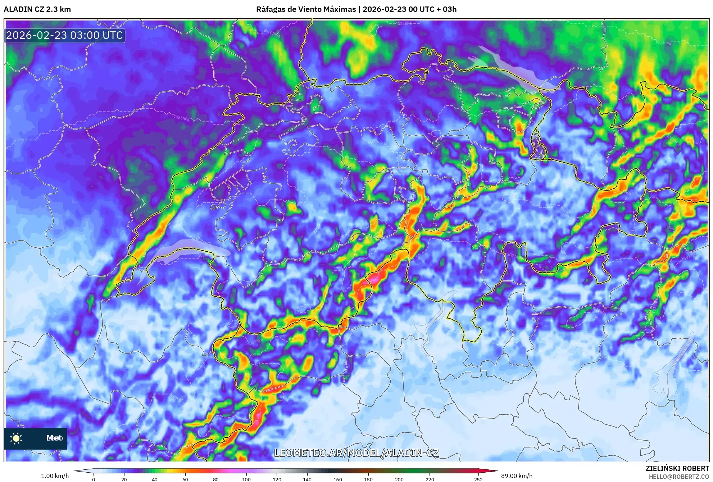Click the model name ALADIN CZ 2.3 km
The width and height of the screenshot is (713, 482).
tap(37, 9)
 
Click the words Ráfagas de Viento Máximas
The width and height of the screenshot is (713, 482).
tap(306, 9)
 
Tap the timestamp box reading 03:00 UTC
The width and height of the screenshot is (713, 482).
tap(65, 35)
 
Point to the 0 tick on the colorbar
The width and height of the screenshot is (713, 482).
tap(94, 479)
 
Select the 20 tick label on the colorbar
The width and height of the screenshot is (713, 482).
tap(124, 479)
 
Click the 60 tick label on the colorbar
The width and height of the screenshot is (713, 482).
tap(185, 479)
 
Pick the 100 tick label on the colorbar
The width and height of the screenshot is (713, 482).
tap(246, 479)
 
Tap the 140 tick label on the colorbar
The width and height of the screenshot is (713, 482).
tap(307, 479)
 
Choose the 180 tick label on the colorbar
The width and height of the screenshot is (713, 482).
tap(368, 479)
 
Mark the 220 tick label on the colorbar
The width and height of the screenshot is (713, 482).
tap(430, 479)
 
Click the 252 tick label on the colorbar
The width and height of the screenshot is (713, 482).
tap(478, 479)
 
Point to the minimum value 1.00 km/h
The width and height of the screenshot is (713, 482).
tap(55, 476)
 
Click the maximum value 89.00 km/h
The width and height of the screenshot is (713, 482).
tap(517, 476)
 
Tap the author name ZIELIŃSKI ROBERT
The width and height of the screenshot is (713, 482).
tap(677, 468)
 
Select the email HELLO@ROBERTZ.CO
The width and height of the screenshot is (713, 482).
tap(678, 477)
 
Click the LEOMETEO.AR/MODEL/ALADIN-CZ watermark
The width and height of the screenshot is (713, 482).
tap(356, 453)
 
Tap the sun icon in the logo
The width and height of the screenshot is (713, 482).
tap(16, 438)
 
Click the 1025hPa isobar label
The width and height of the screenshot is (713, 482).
tap(181, 118)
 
